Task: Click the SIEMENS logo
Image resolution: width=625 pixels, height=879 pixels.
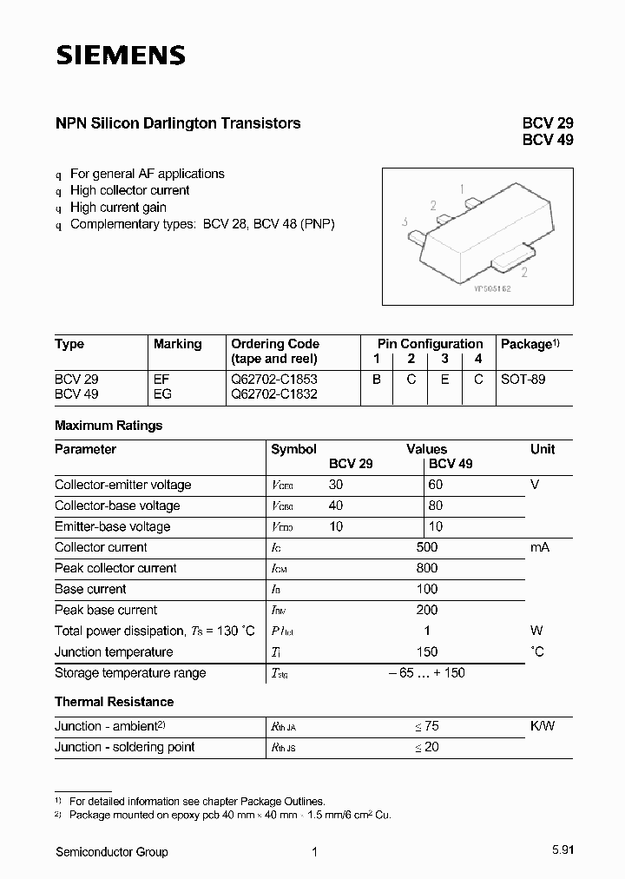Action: pyautogui.click(x=121, y=56)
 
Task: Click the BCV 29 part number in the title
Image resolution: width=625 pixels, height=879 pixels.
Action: pyautogui.click(x=547, y=123)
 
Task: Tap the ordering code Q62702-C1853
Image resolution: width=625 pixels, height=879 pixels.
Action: pyautogui.click(x=274, y=380)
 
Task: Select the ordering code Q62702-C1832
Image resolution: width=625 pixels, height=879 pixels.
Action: pyautogui.click(x=274, y=393)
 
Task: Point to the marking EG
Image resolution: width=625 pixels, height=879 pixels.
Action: pyautogui.click(x=162, y=393)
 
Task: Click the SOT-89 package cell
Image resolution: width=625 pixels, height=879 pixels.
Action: pyautogui.click(x=523, y=380)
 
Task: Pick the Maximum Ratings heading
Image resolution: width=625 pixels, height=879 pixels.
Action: pyautogui.click(x=109, y=426)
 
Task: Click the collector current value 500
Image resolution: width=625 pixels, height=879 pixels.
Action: pyautogui.click(x=426, y=547)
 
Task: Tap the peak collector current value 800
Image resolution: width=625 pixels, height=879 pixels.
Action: pyautogui.click(x=426, y=568)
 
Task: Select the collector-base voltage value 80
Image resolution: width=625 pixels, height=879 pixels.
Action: pyautogui.click(x=436, y=506)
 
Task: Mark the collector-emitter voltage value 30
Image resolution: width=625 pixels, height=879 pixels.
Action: pyautogui.click(x=337, y=485)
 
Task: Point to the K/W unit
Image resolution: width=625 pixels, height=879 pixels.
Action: pyautogui.click(x=543, y=726)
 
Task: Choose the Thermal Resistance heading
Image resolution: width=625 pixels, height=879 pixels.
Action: pyautogui.click(x=114, y=702)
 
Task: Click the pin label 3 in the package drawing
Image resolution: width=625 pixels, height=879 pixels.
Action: pyautogui.click(x=405, y=222)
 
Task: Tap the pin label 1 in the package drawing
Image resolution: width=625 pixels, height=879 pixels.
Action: pyautogui.click(x=462, y=188)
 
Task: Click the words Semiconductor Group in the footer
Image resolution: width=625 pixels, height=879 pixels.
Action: pyautogui.click(x=111, y=852)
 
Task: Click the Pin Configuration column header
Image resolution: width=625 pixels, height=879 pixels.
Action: pyautogui.click(x=430, y=344)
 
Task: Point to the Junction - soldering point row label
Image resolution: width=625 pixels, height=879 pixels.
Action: pyautogui.click(x=124, y=747)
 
